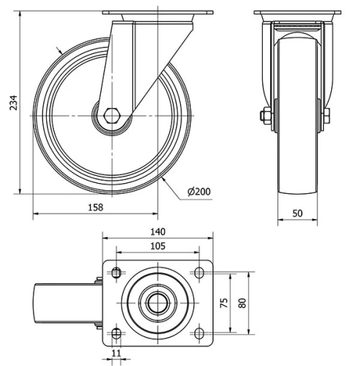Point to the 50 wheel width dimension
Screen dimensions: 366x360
pos(296,213)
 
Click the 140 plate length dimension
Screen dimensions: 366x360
pos(158,232)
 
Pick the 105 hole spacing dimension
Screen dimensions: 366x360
pos(158,246)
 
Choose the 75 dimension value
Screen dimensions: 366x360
pos(225,303)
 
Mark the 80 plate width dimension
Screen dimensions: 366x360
pos(243,303)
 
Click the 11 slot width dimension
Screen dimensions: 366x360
pos(116,354)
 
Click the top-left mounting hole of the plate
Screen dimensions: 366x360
pos(116,272)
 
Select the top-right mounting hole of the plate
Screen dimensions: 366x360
pos(199,272)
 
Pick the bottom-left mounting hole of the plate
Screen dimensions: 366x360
pos(116,332)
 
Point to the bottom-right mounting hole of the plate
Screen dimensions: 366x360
pos(199,332)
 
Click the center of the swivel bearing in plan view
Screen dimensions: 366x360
pos(158,303)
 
